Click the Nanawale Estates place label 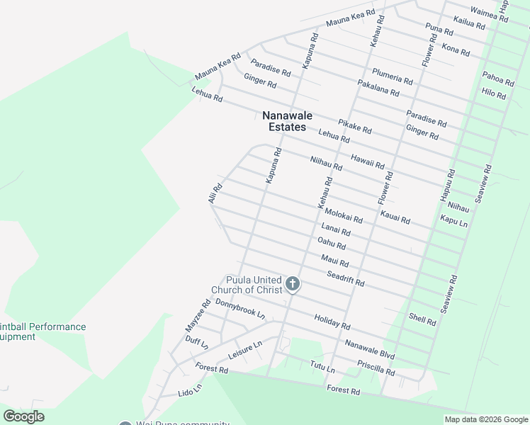(x=287, y=121)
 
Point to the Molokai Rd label (x=344, y=216)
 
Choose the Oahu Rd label (x=332, y=244)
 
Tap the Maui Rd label (x=334, y=261)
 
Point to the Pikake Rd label (x=354, y=127)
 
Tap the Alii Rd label (x=215, y=193)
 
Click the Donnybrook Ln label (x=239, y=309)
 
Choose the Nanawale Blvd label (x=370, y=349)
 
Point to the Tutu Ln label (x=322, y=368)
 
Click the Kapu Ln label (x=453, y=222)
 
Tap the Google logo (x=24, y=416)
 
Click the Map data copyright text (x=485, y=419)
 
